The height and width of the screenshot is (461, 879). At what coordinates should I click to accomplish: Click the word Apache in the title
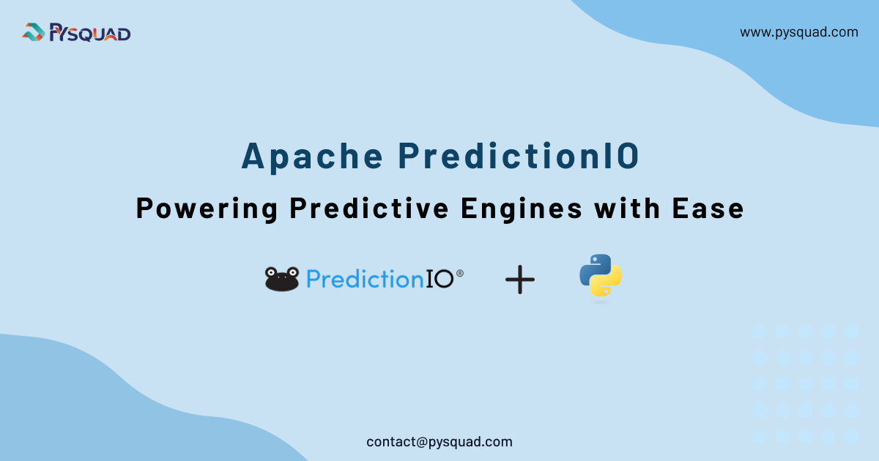coord(312,156)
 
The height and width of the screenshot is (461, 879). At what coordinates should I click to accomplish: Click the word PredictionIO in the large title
coord(519,156)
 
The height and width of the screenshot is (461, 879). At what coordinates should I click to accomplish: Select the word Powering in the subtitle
coord(207,209)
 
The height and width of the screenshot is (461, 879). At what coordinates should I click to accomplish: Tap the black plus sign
coord(520,280)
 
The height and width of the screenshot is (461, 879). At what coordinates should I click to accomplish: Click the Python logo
coord(601,275)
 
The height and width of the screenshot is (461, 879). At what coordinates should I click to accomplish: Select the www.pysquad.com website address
coord(798,32)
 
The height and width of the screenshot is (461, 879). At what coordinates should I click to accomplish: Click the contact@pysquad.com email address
coord(439,442)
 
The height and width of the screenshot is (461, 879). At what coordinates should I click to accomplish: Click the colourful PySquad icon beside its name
coord(34,32)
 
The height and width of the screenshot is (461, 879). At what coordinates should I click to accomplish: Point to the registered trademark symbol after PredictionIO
coord(460,273)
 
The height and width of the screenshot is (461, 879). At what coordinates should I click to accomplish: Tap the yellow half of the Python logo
coord(607,284)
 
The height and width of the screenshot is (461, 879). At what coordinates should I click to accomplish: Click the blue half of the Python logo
coord(593,267)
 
